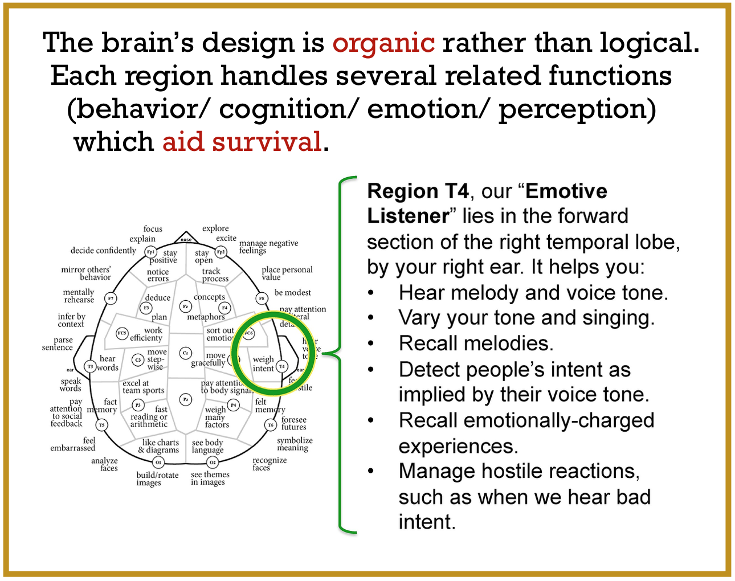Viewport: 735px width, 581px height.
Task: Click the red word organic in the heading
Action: [x=383, y=43]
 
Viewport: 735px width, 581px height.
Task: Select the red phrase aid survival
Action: [x=242, y=142]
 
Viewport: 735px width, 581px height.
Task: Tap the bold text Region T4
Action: [x=418, y=191]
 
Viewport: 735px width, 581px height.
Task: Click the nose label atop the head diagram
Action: [x=186, y=239]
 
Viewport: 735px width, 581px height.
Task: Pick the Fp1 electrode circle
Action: [x=150, y=251]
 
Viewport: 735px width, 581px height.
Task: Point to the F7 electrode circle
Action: [x=111, y=298]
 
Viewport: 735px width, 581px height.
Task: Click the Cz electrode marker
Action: [x=185, y=353]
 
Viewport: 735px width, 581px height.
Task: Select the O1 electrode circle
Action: [x=158, y=462]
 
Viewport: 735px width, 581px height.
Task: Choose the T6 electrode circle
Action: [x=271, y=425]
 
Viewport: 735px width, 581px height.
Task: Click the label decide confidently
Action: [x=103, y=251]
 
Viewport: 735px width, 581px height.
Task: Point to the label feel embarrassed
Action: [x=73, y=444]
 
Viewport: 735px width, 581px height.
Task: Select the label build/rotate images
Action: [x=157, y=478]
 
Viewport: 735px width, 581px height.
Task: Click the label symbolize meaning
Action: [x=294, y=444]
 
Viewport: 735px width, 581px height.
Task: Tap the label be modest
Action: [x=292, y=293]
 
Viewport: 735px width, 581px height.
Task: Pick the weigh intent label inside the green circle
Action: [x=263, y=364]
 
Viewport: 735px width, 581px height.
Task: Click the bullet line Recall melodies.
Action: [x=476, y=343]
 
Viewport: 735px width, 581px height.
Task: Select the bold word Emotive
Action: [x=566, y=191]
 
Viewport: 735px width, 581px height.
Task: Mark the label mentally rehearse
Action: [x=79, y=296]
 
